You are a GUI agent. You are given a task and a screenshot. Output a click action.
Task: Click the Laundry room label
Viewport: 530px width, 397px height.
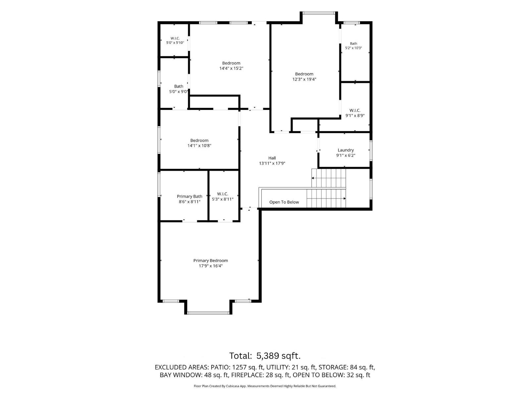point(345,150)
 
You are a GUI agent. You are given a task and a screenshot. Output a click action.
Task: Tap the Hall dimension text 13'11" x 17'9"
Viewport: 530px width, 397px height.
point(272,163)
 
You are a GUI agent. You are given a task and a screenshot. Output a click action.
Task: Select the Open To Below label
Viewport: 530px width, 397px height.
point(284,202)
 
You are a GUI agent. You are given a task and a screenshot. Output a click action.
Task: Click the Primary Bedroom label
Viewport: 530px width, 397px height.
point(211,261)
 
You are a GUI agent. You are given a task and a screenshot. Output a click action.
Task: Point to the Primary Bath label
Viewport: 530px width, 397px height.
point(189,197)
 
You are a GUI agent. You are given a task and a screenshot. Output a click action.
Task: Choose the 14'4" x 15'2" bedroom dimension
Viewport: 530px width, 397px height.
point(231,68)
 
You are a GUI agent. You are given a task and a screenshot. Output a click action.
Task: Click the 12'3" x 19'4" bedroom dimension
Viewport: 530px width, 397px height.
point(304,79)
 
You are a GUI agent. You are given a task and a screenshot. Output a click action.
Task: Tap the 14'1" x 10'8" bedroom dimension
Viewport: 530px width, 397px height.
point(199,146)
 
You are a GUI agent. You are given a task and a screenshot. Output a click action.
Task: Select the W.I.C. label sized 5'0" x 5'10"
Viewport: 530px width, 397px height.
point(175,38)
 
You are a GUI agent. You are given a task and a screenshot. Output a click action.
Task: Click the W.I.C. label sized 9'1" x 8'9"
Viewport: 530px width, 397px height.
point(355,110)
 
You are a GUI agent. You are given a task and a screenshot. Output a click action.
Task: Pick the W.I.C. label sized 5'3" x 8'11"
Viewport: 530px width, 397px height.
point(222,194)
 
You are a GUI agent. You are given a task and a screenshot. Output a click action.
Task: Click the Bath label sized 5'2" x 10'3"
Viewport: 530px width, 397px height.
point(353,44)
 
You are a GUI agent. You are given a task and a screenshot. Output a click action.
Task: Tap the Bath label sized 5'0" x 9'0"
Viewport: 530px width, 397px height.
point(179,86)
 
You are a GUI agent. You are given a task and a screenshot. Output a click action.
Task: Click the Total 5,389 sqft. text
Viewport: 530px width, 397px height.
point(265,356)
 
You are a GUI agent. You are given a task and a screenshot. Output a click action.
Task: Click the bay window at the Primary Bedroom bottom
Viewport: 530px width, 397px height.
point(208,313)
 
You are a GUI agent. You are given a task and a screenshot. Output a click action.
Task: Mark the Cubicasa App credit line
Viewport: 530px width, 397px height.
point(265,386)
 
